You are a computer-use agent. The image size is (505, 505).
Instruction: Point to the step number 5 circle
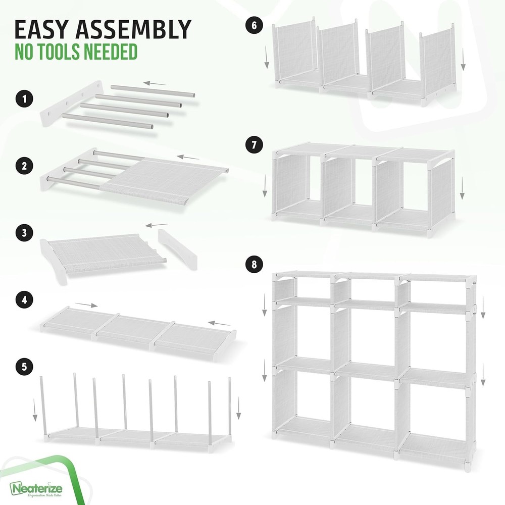22,365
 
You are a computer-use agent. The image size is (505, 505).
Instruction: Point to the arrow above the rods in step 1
154,82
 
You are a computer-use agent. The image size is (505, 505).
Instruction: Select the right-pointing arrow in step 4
87,306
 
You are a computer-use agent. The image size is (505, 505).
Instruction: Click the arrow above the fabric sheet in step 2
188,158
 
